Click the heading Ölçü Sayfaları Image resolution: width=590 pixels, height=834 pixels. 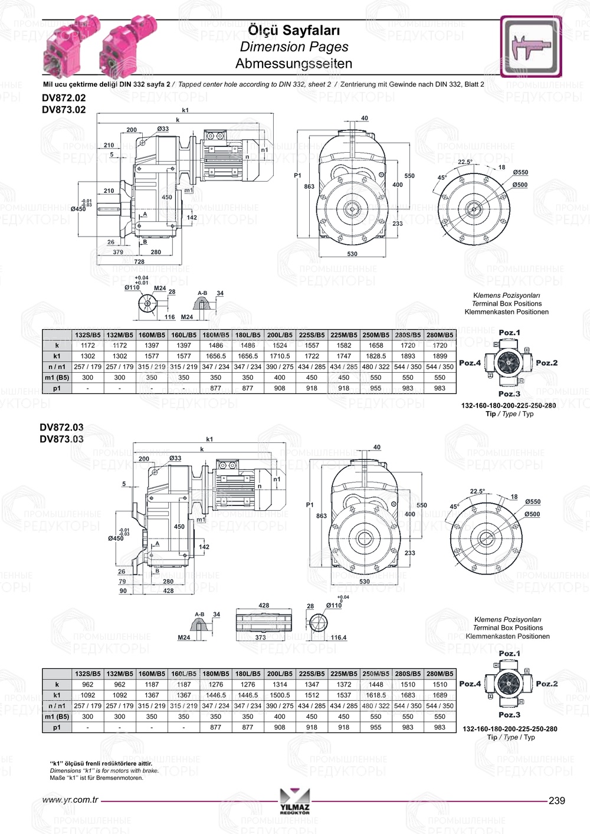pos(294,30)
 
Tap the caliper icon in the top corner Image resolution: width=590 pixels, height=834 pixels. pos(530,47)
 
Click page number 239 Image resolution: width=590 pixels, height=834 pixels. pos(556,800)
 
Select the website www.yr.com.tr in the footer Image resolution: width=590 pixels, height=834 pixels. pos(70,800)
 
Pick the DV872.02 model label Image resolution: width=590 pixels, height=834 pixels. pos(64,98)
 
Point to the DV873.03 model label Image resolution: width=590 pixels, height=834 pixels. pos(62,439)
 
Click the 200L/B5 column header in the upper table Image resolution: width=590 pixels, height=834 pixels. pos(280,335)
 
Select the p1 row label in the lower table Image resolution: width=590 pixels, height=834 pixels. pos(57,727)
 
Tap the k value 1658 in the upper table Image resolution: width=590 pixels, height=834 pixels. pos(376,346)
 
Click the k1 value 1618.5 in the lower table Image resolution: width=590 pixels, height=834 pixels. pos(376,695)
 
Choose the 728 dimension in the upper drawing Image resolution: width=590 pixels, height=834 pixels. pos(139,261)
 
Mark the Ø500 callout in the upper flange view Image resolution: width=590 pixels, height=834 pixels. pos(520,185)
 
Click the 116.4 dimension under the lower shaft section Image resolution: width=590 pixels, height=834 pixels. pos(339,638)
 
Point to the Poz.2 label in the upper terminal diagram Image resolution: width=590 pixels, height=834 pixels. pos(546,363)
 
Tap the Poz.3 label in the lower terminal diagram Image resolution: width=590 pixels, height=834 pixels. pos(509,715)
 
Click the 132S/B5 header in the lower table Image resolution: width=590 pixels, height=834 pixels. pos(88,674)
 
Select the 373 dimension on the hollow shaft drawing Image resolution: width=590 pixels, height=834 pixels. pos(260,638)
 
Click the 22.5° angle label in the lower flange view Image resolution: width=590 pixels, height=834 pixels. pos(477,491)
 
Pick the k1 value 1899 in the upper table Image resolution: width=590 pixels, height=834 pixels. pos(440,356)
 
